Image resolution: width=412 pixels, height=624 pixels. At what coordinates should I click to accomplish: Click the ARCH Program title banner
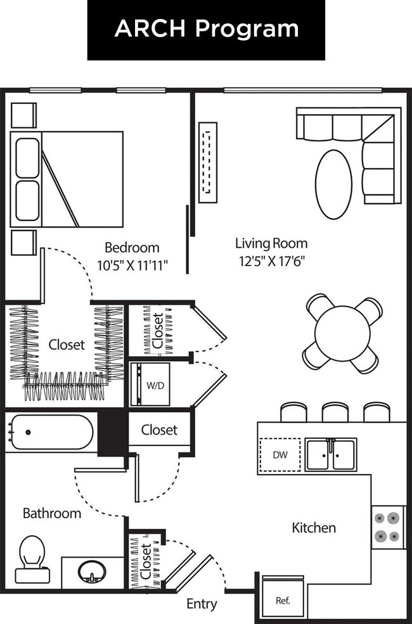pos(206,29)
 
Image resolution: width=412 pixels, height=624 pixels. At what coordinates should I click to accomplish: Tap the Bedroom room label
pos(132,247)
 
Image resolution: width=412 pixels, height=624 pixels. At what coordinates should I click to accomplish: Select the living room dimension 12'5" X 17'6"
pos(271,261)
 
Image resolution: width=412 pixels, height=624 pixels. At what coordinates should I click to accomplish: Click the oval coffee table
pos(333,184)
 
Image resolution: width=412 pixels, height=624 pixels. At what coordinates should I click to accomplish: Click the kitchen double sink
pos(331,454)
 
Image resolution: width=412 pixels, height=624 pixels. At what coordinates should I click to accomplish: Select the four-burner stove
pos(388,526)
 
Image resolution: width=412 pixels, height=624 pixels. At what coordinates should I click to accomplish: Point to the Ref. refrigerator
pos(283,599)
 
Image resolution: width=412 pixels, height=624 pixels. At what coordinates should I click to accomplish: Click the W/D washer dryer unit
pos(151,385)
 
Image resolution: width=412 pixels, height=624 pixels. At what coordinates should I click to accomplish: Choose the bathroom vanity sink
pos(93,573)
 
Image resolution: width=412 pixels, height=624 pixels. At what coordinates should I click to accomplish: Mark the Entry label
pos(202,604)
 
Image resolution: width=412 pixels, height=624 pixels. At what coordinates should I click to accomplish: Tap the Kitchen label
pos(314,527)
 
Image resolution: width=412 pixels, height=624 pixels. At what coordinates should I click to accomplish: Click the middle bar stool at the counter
pos(335,412)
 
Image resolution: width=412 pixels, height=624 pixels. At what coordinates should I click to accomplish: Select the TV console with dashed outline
pos(207,162)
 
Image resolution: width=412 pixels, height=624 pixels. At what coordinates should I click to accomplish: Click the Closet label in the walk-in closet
pos(67,345)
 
